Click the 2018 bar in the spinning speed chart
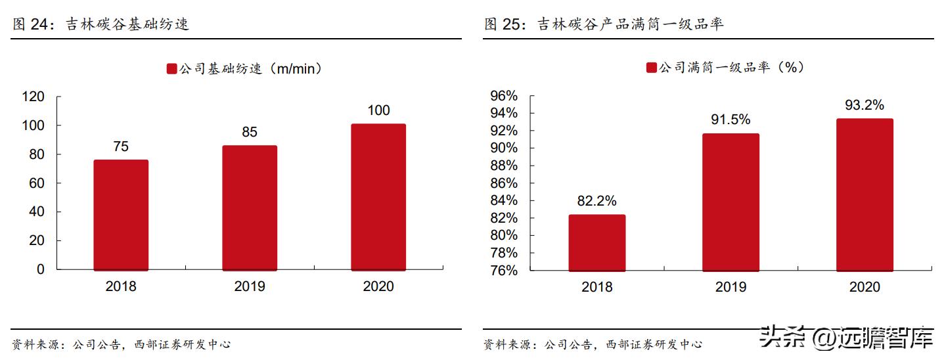(x=121, y=215)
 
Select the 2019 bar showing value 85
(x=250, y=208)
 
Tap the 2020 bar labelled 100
(x=378, y=197)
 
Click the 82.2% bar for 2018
(x=596, y=242)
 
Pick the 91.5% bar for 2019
(x=730, y=202)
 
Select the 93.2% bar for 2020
(x=865, y=194)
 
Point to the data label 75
(x=121, y=146)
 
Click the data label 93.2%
(x=865, y=105)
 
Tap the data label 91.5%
(x=730, y=120)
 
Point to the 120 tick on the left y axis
(x=33, y=97)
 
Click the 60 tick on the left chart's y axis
(x=37, y=183)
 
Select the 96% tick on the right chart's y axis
(x=504, y=96)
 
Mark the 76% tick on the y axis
(x=504, y=271)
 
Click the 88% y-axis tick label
(x=504, y=166)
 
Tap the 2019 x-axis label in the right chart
(x=730, y=287)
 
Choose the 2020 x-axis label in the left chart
(x=378, y=286)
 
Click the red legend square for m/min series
(x=171, y=69)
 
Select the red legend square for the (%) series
(x=652, y=68)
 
